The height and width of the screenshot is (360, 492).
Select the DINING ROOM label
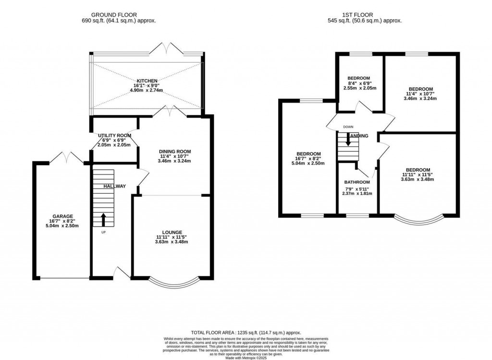coord(175,151)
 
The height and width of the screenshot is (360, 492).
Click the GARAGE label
coord(63,216)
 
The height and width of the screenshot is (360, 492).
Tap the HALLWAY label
coord(114,186)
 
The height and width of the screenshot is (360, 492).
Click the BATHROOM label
coord(357,183)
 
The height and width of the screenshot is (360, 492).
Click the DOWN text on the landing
coord(348,127)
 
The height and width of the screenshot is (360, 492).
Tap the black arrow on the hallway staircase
coord(103,220)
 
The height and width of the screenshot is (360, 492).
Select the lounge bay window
coord(171,283)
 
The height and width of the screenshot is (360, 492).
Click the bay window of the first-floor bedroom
coord(417,220)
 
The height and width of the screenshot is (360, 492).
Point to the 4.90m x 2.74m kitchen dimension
coord(147,91)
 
